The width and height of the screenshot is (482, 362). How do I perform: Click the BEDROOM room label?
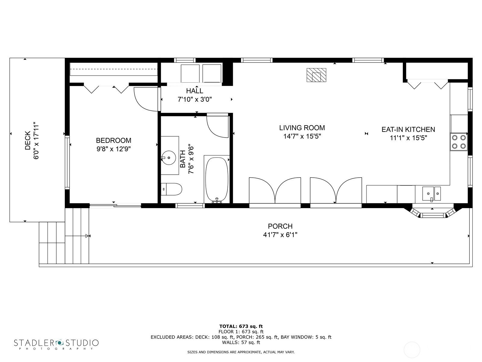(113, 140)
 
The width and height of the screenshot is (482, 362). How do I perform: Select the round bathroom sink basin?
(168, 157)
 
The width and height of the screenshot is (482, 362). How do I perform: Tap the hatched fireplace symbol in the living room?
(316, 75)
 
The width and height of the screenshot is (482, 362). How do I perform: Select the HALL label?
(194, 91)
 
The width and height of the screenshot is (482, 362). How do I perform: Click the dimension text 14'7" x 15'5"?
(302, 136)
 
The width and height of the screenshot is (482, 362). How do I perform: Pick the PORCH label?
(280, 226)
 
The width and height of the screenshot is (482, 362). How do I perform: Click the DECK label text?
(28, 140)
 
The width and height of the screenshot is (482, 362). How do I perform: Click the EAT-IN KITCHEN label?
(408, 129)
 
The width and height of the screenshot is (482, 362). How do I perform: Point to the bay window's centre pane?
(433, 215)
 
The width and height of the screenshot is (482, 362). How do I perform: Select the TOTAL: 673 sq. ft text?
(241, 326)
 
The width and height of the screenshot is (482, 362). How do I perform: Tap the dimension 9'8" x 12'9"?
(113, 149)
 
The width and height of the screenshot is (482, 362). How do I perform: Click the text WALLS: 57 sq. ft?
(241, 342)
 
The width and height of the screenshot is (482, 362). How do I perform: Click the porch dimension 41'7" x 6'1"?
(280, 235)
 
